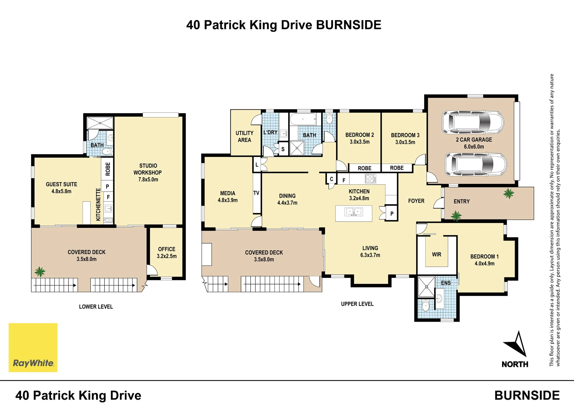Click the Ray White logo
33,347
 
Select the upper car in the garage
472,123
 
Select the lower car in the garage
476,164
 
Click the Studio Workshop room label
148,173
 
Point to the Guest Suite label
61,188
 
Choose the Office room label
167,253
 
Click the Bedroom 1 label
484,260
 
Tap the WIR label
437,254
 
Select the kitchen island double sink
354,212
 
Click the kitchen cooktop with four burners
370,179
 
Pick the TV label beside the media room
256,193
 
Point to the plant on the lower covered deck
40,271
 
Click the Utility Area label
245,136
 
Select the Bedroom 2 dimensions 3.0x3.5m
360,142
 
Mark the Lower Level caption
96,307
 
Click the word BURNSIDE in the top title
349,25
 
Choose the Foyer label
416,201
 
